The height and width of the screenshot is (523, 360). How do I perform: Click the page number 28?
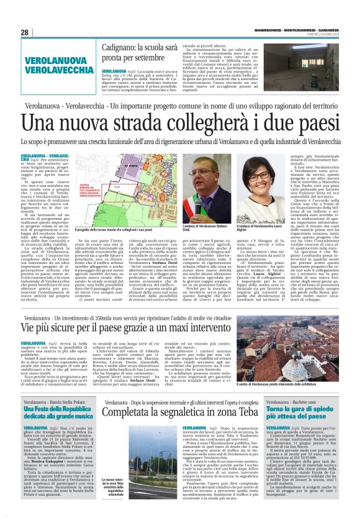[x=24, y=32]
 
